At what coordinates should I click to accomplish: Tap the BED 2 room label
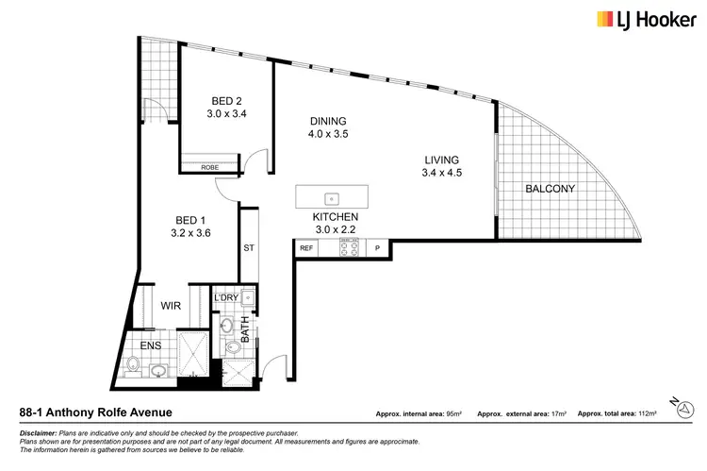tap(226, 107)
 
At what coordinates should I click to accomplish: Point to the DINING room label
tap(328, 127)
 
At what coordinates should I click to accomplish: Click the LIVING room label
tap(441, 164)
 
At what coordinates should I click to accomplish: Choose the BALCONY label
tap(550, 189)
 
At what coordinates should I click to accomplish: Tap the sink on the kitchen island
tap(332, 198)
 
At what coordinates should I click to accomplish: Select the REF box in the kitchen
tap(306, 248)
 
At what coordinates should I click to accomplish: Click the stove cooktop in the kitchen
tap(349, 248)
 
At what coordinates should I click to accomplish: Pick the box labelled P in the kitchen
tap(377, 248)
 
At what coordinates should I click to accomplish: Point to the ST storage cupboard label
tap(249, 248)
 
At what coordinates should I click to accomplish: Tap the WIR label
tap(171, 306)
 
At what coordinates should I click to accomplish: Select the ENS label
tap(151, 346)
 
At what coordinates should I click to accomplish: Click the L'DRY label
tap(226, 298)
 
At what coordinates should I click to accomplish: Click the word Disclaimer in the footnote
tap(39, 431)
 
